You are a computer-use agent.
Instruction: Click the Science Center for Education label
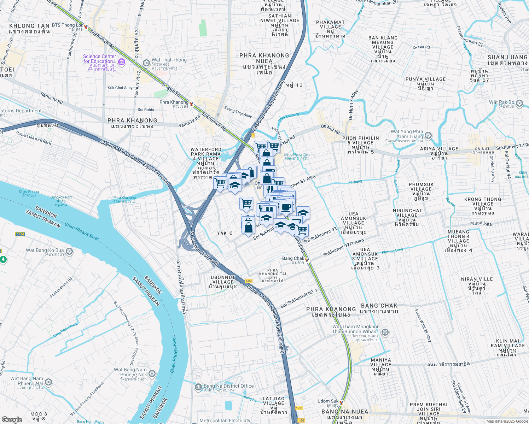[x=99, y=59]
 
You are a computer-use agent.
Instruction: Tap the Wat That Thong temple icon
[x=146, y=63]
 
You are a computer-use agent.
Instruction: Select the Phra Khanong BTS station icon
[x=191, y=104]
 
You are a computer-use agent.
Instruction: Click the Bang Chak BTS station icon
[x=307, y=260]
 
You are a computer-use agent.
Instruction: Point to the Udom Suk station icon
[x=341, y=402]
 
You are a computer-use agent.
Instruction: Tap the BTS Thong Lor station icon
[x=86, y=27]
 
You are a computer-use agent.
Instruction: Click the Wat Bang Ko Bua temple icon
[x=69, y=251]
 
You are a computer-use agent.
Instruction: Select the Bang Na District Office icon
[x=198, y=387]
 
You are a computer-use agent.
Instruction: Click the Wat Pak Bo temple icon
[x=519, y=103]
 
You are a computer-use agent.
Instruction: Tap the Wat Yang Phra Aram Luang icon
[x=428, y=135]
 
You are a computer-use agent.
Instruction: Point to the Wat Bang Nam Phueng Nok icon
[x=152, y=373]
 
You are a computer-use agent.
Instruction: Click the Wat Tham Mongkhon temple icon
[x=385, y=332]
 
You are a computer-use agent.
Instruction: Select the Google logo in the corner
[x=12, y=419]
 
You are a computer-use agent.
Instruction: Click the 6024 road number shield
[x=20, y=234]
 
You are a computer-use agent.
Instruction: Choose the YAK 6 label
[x=225, y=233]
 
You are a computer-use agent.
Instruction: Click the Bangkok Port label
[x=61, y=198]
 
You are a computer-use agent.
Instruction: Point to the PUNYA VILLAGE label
[x=425, y=79]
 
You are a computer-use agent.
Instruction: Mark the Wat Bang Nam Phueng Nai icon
[x=48, y=382]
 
